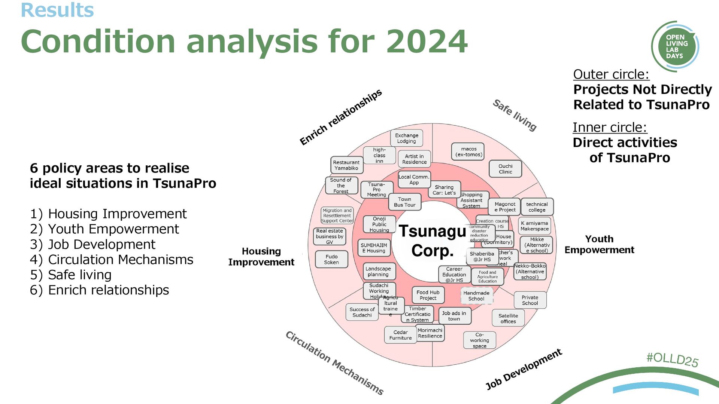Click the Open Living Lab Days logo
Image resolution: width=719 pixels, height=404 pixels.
(675, 46)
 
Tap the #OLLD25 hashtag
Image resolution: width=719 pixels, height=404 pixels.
(672, 359)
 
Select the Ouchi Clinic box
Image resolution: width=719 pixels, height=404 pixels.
(505, 169)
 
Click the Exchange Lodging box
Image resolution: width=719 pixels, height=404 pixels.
(406, 138)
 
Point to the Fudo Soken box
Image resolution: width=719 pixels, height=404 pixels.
(331, 260)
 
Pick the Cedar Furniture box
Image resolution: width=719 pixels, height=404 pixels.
(400, 335)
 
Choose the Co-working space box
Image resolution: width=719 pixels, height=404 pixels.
(479, 340)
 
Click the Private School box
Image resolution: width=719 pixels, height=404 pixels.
(530, 300)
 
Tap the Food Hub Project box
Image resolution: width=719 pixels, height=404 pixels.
(428, 295)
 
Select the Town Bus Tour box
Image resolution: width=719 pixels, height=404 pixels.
(404, 202)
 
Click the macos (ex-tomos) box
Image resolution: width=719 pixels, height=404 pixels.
(468, 151)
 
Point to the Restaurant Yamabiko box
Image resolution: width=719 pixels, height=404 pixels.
(346, 165)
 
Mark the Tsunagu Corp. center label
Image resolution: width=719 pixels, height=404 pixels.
(433, 241)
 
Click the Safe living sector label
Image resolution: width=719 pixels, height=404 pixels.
(515, 115)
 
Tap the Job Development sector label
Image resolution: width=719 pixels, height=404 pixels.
(523, 369)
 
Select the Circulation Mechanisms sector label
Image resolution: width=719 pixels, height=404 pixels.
(334, 363)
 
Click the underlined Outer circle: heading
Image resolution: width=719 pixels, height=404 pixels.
(611, 74)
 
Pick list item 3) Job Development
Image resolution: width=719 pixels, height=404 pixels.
(92, 244)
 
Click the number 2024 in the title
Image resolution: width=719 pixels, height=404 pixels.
(427, 42)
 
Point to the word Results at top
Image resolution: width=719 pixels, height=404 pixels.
(57, 10)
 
